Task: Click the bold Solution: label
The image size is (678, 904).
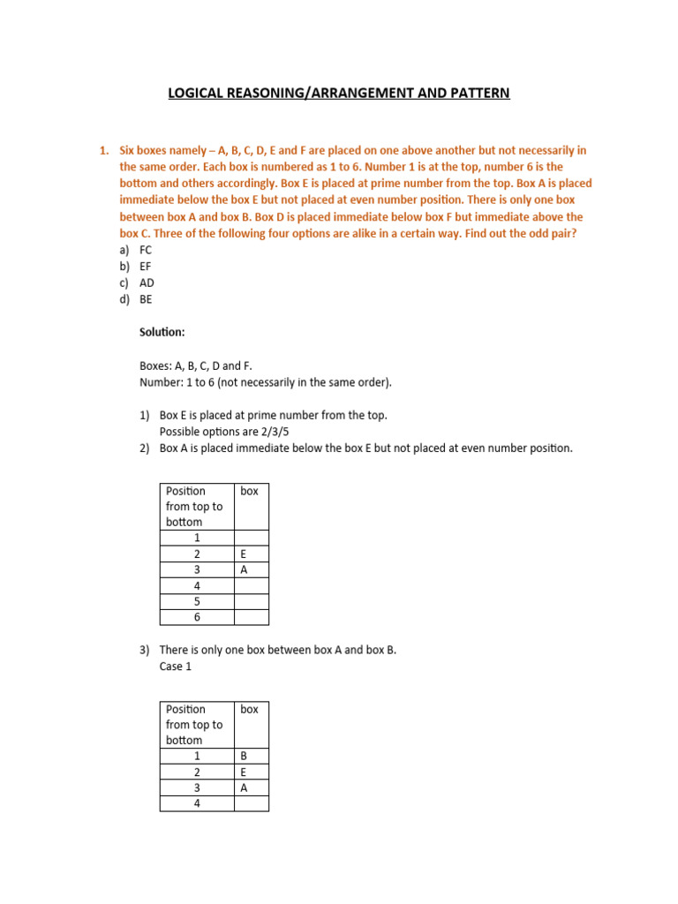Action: tap(163, 332)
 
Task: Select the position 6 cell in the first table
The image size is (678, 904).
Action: tap(197, 617)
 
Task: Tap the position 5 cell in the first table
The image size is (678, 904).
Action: tap(197, 601)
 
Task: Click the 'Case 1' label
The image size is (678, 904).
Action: tap(176, 667)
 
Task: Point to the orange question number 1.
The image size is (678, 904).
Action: tap(103, 151)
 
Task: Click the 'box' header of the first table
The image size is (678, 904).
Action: tap(250, 491)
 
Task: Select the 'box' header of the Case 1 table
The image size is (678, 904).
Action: tap(250, 709)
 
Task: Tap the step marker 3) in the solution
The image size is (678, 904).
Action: tap(145, 651)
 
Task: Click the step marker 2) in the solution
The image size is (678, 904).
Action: tap(145, 448)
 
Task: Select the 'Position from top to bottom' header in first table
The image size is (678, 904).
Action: tap(196, 506)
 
